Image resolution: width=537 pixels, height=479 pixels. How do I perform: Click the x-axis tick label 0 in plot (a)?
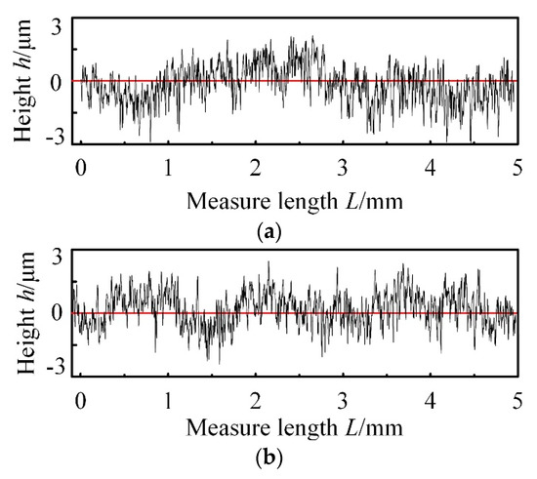(82, 168)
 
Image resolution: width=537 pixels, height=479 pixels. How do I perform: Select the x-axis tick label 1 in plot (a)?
(169, 168)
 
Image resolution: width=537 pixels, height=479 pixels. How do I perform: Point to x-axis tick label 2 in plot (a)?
(256, 168)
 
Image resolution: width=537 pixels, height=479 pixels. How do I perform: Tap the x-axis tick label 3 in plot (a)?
(343, 168)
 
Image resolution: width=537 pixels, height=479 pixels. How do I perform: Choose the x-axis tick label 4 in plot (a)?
(430, 168)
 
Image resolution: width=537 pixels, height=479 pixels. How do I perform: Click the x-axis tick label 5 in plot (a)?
(516, 168)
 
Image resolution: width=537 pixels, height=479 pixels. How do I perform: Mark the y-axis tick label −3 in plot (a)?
(55, 138)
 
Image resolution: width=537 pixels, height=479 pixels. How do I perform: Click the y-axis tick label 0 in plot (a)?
(59, 81)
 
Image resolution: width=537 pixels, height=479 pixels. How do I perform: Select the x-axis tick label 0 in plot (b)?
(82, 399)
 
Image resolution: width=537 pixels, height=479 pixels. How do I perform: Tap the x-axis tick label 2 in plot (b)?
(256, 399)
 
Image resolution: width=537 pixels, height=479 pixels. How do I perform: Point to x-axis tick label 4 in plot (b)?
(430, 399)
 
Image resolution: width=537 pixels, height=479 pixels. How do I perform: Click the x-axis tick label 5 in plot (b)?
(516, 399)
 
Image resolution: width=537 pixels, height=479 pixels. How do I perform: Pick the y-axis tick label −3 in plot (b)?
(55, 369)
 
